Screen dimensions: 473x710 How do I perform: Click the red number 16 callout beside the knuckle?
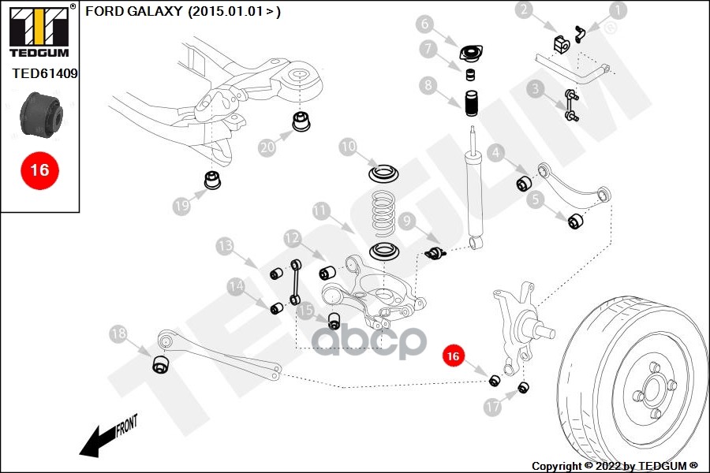(452, 356)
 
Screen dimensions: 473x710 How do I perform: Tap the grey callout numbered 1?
(617, 10)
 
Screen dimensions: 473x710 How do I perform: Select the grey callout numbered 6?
(447, 23)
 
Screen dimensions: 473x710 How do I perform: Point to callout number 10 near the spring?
(349, 147)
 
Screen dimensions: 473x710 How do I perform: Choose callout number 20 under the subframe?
(267, 147)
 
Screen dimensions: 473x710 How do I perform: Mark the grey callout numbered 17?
(492, 408)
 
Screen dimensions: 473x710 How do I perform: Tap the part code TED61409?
(45, 74)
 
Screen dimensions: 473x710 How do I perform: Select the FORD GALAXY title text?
(182, 12)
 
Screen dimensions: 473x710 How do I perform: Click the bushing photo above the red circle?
(39, 114)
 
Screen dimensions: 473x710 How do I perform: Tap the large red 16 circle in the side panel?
(39, 169)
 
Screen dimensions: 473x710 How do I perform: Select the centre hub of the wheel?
(652, 389)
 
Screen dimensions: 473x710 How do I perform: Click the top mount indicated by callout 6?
(471, 54)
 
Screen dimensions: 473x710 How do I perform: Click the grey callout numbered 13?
(226, 246)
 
